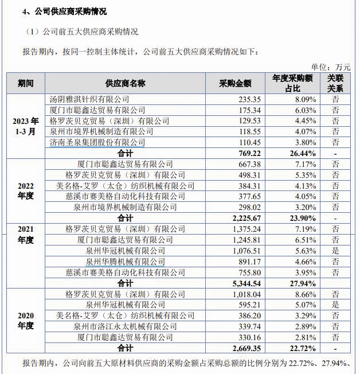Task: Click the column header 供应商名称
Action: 125,84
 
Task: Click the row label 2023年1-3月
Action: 25,126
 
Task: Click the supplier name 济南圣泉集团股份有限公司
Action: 97,142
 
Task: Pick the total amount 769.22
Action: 248,154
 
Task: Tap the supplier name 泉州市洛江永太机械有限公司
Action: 125,326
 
